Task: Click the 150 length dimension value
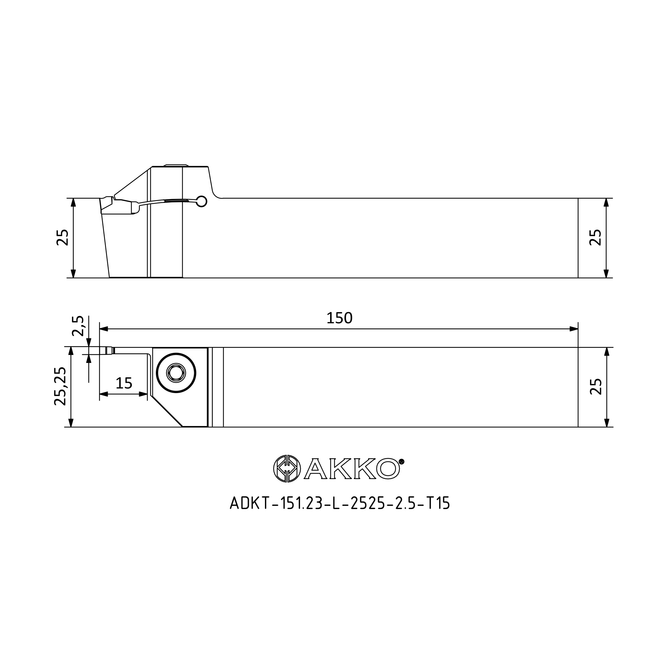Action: (x=339, y=318)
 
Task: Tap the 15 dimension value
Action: (x=124, y=383)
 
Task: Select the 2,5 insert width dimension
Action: (x=78, y=326)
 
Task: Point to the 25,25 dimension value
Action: (x=60, y=386)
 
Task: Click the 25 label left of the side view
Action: (x=62, y=237)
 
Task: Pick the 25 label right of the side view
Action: (x=596, y=237)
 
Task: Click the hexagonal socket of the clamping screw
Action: (x=176, y=373)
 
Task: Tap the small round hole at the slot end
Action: (x=201, y=201)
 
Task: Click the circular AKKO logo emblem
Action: (x=287, y=469)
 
